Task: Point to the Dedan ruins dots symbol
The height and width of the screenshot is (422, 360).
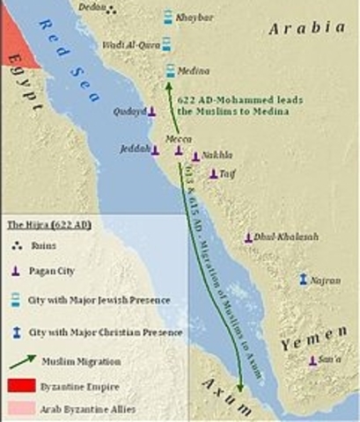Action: click(112, 11)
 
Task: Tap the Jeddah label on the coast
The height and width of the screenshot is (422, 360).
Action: click(134, 150)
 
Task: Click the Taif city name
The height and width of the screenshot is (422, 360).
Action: click(227, 173)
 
